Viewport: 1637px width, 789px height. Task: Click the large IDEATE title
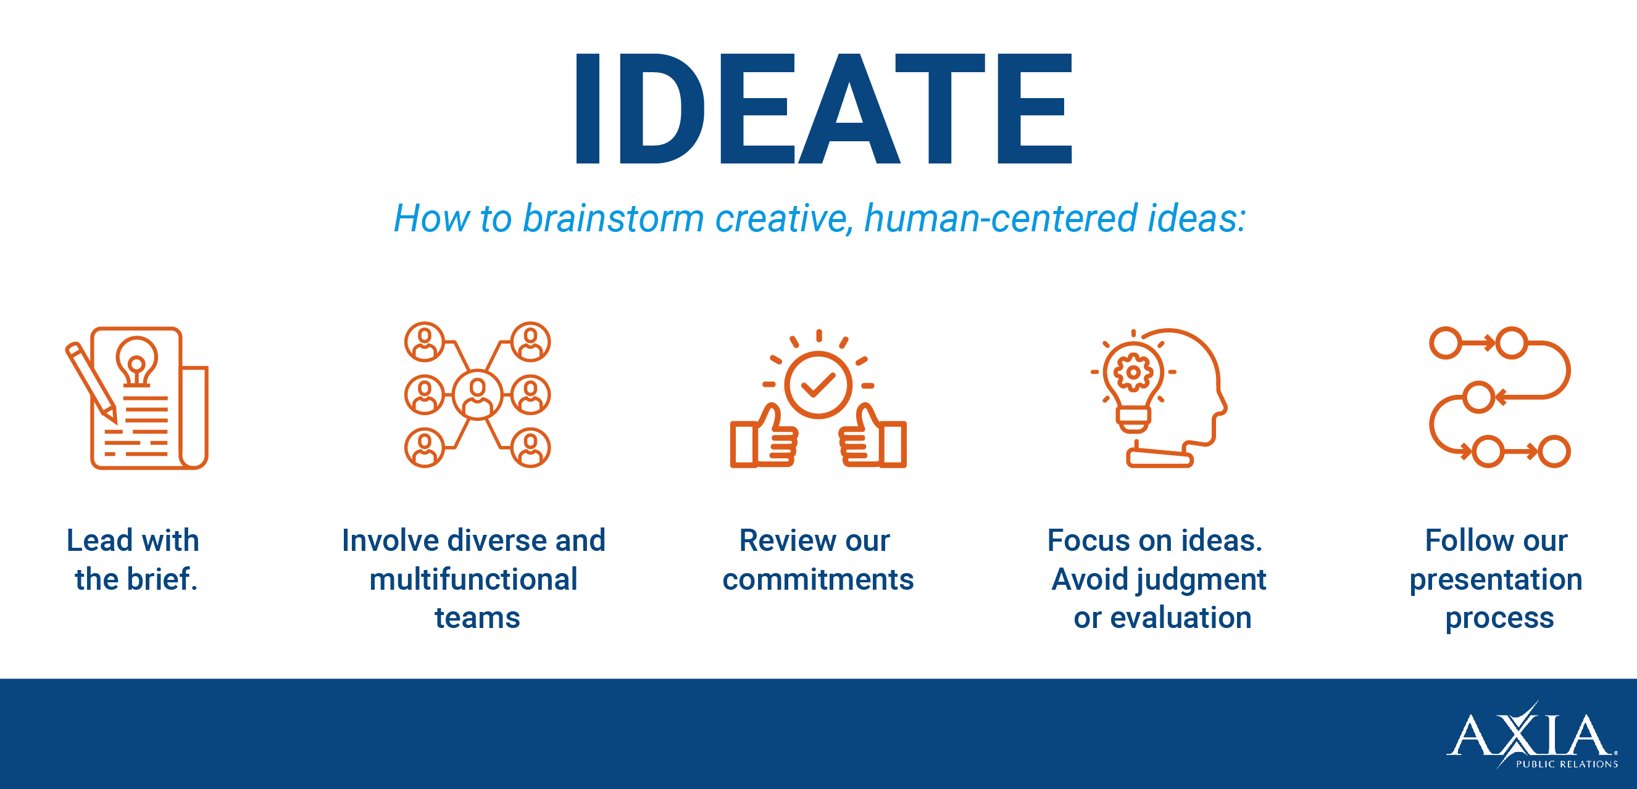(823, 109)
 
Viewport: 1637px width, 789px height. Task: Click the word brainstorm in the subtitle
(613, 218)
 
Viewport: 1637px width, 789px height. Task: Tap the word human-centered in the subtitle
(1001, 218)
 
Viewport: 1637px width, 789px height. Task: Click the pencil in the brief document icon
(91, 382)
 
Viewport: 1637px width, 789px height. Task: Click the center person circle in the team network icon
(477, 395)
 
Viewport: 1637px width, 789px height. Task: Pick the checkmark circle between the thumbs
(818, 384)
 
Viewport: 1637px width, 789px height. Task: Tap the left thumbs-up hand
(764, 437)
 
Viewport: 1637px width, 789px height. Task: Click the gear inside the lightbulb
(1133, 372)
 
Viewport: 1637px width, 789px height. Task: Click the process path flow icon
(1500, 397)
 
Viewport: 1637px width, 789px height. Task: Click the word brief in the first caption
(163, 579)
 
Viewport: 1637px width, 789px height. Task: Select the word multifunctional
(473, 579)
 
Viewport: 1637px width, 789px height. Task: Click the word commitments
(818, 580)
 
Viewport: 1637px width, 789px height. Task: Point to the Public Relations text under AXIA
(1567, 764)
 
